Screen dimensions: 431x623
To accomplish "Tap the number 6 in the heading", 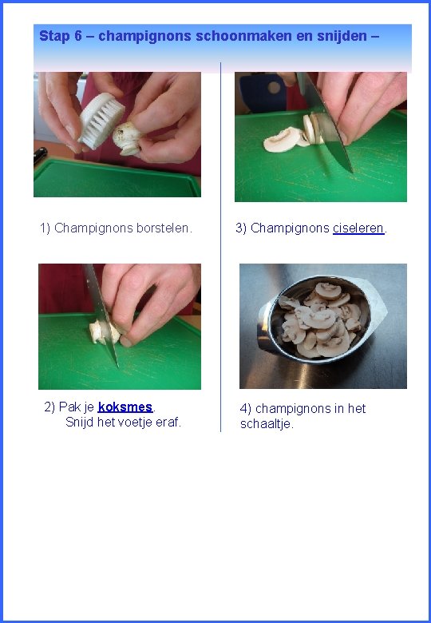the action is (x=77, y=36).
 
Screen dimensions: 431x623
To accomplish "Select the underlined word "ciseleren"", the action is (x=358, y=228).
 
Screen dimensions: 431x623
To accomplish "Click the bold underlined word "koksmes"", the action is (x=125, y=407).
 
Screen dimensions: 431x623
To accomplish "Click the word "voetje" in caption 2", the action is (x=136, y=422).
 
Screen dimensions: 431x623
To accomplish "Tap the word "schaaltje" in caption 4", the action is (x=266, y=424).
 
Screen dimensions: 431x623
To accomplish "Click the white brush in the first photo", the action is (x=101, y=121).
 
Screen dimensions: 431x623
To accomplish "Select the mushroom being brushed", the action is (x=127, y=138).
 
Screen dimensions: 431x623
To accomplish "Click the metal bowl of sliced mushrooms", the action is (x=320, y=319).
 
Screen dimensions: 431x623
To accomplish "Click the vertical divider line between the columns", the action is (x=220, y=246).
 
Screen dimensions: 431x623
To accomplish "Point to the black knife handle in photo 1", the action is (x=40, y=155).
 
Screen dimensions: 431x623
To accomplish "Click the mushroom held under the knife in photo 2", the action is (x=105, y=332).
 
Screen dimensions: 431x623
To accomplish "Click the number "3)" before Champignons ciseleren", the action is (x=241, y=228).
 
